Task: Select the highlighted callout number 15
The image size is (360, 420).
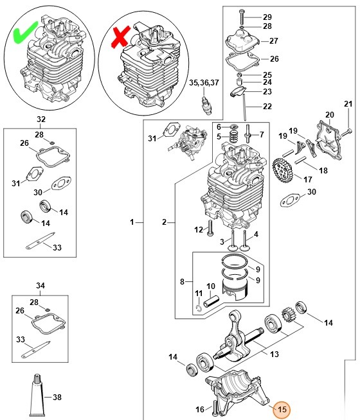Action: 281,408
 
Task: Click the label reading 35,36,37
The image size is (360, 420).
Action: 204,82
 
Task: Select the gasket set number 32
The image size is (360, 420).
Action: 40,119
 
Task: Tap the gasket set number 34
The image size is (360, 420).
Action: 40,285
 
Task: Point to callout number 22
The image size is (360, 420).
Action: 267,106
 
